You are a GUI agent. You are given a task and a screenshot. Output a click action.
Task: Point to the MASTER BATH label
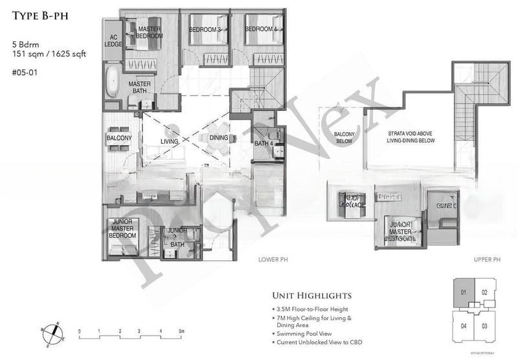(140, 88)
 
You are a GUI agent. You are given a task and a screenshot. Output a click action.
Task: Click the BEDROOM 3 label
(206, 30)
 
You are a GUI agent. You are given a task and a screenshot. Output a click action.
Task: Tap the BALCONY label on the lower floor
(119, 138)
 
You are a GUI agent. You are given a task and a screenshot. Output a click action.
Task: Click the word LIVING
(170, 138)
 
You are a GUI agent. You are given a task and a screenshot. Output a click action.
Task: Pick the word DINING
(219, 138)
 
